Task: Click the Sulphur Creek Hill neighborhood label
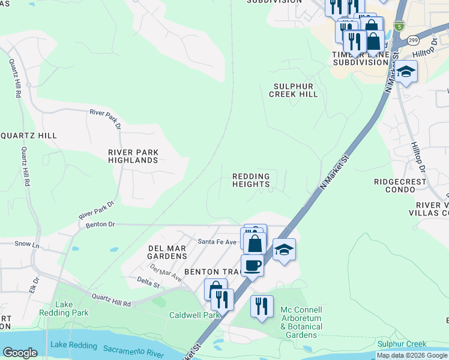pos(293,90)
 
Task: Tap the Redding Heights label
pos(251,181)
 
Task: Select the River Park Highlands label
pos(133,156)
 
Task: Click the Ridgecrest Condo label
pos(399,185)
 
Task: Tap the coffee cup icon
pos(252,265)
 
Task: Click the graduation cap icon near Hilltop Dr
pos(406,71)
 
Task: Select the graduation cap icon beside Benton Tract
pos(284,249)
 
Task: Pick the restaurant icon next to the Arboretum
pos(262,305)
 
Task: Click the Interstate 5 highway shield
pos(399,25)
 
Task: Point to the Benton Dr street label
pos(100,224)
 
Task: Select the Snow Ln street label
pos(26,245)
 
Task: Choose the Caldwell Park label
pos(195,315)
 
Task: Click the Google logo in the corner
pos(20,353)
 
